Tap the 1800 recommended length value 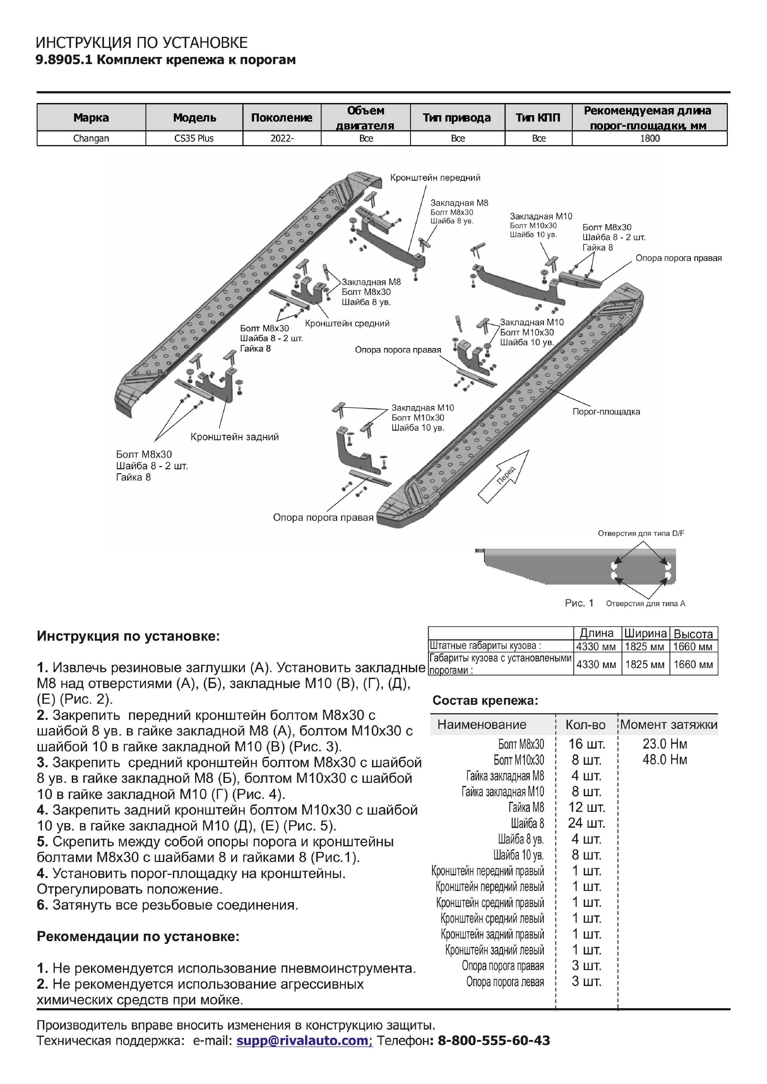tap(649, 138)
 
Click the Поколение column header tap(282, 117)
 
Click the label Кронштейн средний tap(347, 323)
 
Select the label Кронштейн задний tap(235, 437)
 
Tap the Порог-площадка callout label tap(606, 411)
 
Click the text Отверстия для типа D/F tap(641, 533)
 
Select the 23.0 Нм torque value tap(665, 744)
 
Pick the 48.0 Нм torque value tap(665, 760)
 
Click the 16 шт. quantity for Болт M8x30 tap(586, 744)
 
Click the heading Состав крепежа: tap(485, 700)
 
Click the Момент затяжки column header tap(668, 724)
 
